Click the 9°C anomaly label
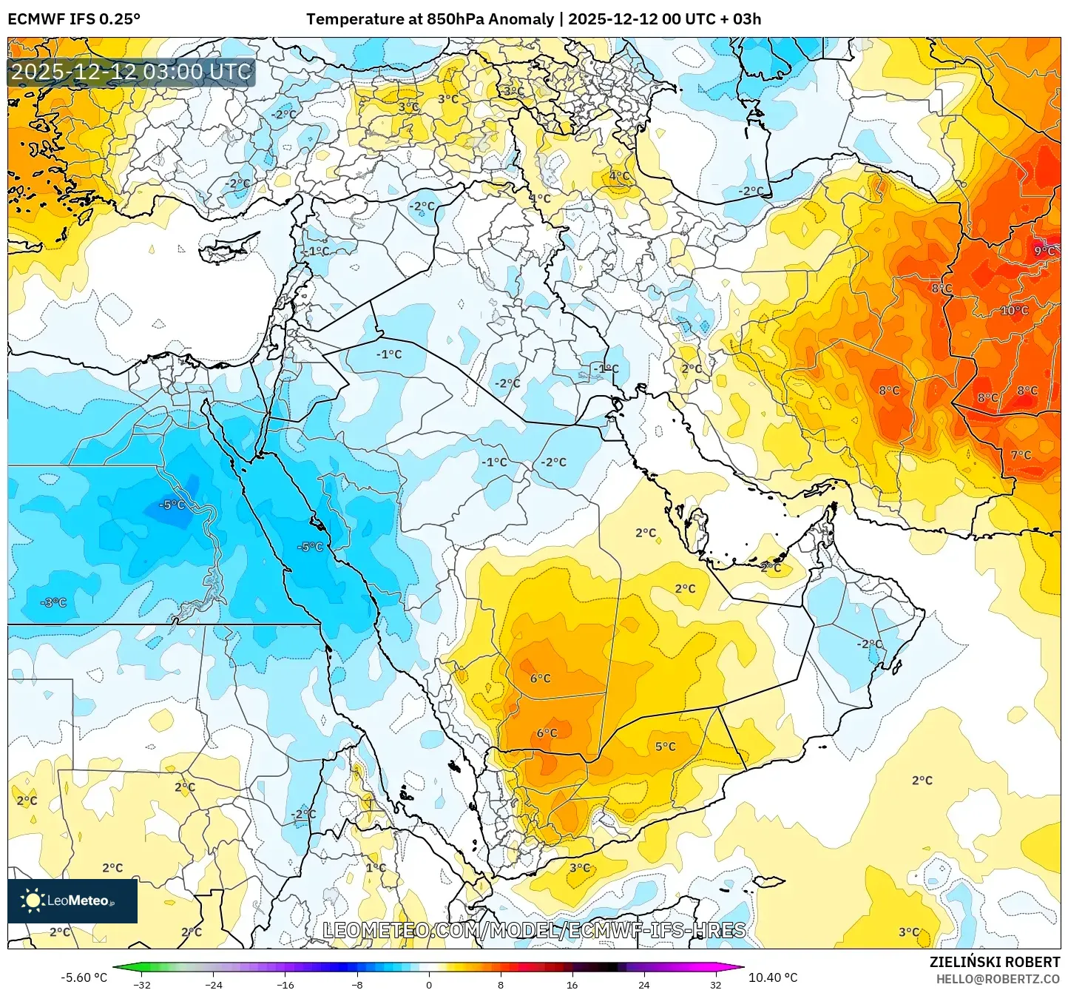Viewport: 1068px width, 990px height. [x=1044, y=252]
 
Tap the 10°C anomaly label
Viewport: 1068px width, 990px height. [x=1014, y=311]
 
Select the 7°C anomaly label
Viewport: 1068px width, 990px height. [x=1021, y=455]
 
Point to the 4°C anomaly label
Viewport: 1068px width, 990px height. [x=619, y=176]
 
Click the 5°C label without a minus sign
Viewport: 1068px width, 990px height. [x=665, y=747]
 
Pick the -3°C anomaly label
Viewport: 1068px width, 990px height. [x=53, y=602]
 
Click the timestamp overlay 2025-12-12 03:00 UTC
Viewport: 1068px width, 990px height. [x=131, y=72]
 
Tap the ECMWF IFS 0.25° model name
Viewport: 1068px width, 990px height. [x=74, y=19]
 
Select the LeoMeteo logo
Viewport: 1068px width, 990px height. [x=72, y=900]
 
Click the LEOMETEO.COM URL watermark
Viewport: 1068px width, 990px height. [x=534, y=930]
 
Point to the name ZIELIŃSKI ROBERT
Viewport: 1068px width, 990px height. [x=994, y=962]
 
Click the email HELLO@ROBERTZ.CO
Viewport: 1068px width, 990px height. [x=998, y=979]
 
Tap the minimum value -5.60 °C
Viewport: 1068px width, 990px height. [x=84, y=977]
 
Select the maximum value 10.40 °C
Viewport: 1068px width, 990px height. [x=773, y=977]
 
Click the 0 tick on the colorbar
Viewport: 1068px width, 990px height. [x=429, y=984]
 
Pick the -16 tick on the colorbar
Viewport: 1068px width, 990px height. [x=285, y=984]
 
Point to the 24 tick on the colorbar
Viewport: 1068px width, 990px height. [x=644, y=984]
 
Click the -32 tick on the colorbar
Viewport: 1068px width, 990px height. [x=141, y=984]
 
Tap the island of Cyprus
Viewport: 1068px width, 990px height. [x=226, y=252]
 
